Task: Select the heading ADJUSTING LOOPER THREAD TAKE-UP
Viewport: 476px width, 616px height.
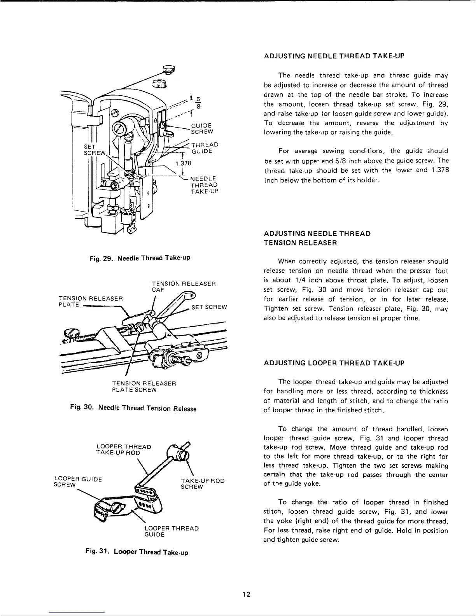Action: (x=334, y=363)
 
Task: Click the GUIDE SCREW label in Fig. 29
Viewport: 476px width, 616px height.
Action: (x=201, y=128)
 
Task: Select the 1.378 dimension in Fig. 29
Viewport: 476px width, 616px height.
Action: (x=182, y=163)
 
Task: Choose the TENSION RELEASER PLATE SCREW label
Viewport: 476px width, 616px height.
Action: (x=145, y=387)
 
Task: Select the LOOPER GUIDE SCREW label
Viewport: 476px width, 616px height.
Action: (x=77, y=482)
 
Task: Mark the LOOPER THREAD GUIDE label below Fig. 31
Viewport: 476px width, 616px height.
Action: (x=171, y=531)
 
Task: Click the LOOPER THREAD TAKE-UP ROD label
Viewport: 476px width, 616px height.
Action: (x=123, y=450)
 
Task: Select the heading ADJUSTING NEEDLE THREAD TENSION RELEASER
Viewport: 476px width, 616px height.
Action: (x=317, y=238)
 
